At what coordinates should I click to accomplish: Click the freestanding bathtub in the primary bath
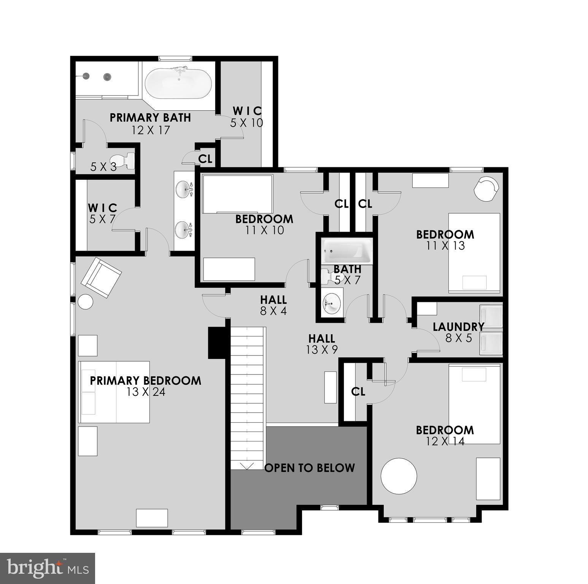click(178, 84)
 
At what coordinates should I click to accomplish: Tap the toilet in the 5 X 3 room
click(124, 161)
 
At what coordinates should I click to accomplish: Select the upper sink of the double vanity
click(184, 189)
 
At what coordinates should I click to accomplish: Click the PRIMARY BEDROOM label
click(146, 381)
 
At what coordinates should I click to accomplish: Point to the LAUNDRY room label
click(458, 327)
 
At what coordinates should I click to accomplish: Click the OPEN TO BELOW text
click(310, 468)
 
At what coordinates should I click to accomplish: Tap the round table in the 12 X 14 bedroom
click(399, 476)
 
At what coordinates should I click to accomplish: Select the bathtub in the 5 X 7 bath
click(347, 251)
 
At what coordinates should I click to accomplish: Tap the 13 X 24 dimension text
click(146, 392)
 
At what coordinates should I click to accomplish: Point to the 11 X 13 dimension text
click(445, 246)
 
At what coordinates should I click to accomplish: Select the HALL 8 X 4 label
click(273, 305)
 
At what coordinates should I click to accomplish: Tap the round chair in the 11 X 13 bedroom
click(486, 187)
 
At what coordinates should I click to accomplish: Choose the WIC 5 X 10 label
click(247, 117)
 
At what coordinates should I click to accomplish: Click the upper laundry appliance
click(491, 316)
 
